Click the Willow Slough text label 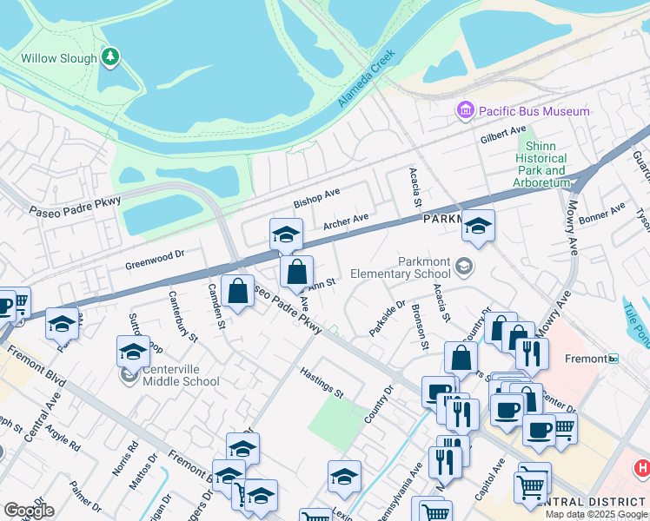tap(58, 59)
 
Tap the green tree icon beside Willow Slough tap(109, 57)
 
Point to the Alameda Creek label tap(366, 79)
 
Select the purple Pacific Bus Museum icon tap(466, 111)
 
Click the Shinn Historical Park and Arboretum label tap(541, 159)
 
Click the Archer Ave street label tap(346, 222)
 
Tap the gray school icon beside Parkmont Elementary tap(465, 266)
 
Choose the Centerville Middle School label tap(181, 375)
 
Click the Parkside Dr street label tap(387, 318)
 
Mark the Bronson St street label tap(421, 326)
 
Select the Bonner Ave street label tap(602, 214)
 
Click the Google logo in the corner tap(29, 511)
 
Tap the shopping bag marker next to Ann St tap(296, 271)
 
